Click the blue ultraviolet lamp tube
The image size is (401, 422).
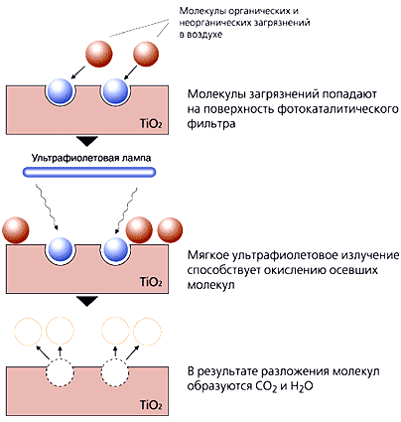click(x=89, y=172)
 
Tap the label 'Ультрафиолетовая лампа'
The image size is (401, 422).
click(x=91, y=158)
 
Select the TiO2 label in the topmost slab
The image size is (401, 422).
click(x=151, y=124)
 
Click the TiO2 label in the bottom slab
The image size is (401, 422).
click(x=151, y=405)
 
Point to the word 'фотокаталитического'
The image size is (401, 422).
click(x=337, y=109)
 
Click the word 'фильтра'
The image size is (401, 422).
click(x=211, y=124)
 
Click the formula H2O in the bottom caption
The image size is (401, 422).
click(x=302, y=386)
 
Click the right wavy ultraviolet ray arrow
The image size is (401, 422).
click(x=126, y=211)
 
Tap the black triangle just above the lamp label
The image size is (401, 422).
click(x=87, y=141)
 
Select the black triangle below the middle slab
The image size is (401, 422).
click(x=87, y=301)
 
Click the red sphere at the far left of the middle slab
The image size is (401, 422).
click(x=16, y=230)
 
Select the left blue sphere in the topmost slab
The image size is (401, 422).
click(x=60, y=90)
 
